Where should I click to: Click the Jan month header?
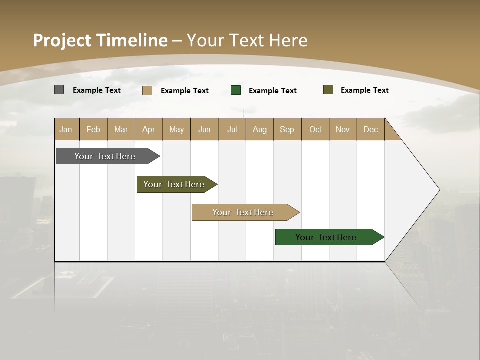(66, 129)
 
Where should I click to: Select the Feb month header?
(93, 129)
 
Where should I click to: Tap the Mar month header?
(121, 129)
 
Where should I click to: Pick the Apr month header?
(149, 129)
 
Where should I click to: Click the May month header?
(176, 129)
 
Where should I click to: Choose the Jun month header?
(204, 129)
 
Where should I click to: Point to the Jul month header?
(232, 129)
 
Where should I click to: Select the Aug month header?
(260, 129)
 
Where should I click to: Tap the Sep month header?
(287, 129)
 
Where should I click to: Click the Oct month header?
(315, 129)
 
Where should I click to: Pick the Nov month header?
(343, 129)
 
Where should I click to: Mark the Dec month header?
(371, 129)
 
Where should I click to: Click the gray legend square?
(59, 90)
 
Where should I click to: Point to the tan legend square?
(147, 90)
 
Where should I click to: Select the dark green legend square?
(236, 90)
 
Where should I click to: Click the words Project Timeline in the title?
(100, 40)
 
